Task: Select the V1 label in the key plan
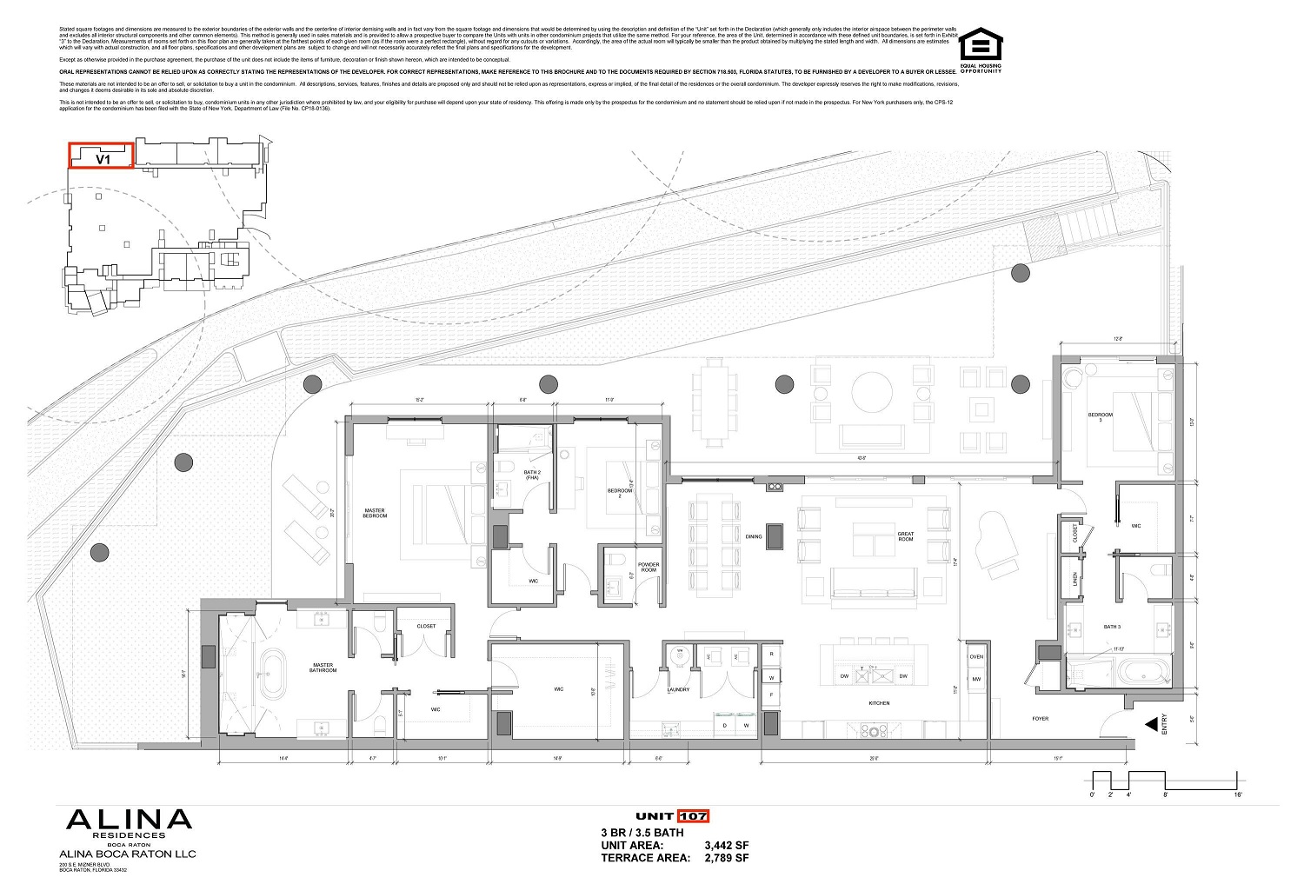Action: point(102,159)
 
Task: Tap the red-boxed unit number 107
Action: point(694,816)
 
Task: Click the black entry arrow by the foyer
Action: point(1151,723)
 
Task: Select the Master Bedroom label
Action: point(375,514)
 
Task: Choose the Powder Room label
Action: point(649,567)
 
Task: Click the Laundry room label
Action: point(678,690)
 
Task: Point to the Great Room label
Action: point(906,536)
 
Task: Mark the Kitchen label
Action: point(878,703)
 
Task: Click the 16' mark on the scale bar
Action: point(1237,794)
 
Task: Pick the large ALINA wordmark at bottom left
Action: point(129,820)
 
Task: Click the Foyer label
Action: point(1040,719)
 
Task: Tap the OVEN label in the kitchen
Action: point(976,656)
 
